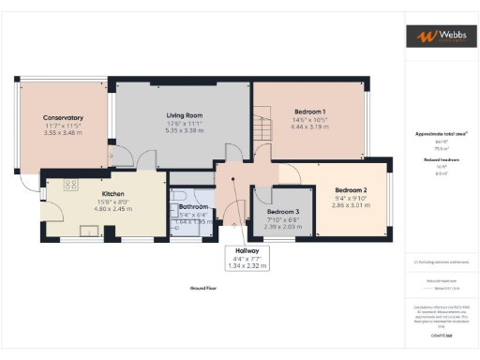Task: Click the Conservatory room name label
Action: [63, 117]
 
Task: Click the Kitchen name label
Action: [113, 196]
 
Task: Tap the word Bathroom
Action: [193, 206]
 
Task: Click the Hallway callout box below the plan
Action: [246, 260]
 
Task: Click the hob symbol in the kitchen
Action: [69, 185]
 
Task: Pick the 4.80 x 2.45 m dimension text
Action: [113, 211]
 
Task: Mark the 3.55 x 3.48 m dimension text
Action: [63, 133]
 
